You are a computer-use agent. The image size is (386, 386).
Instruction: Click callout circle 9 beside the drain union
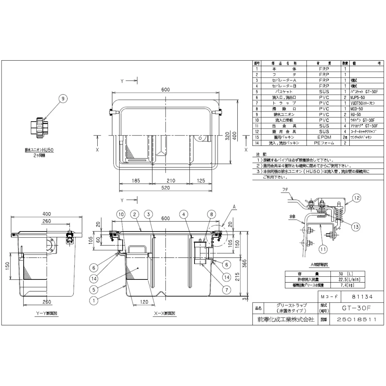pyautogui.click(x=62, y=99)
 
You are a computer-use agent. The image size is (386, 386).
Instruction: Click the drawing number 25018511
pyautogui.click(x=355, y=320)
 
